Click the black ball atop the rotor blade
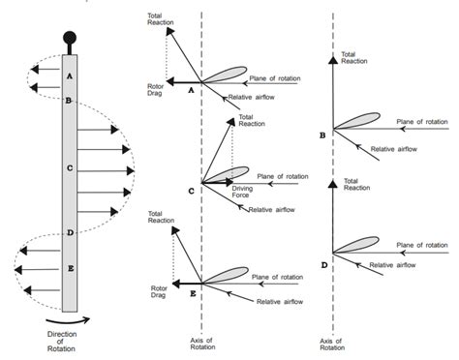(x=69, y=40)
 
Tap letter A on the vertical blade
(x=69, y=74)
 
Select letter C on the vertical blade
(x=69, y=167)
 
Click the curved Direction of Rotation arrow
(x=68, y=321)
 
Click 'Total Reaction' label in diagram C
(x=252, y=122)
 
